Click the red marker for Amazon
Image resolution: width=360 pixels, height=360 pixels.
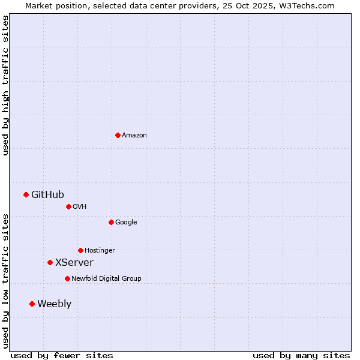118,135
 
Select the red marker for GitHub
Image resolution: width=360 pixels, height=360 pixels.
26,194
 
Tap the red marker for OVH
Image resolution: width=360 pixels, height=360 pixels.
68,206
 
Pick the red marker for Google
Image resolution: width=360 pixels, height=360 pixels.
111,222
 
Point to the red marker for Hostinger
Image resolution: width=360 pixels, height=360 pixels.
80,250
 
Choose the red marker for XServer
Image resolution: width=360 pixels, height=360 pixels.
50,262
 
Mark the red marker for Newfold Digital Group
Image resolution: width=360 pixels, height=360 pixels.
67,278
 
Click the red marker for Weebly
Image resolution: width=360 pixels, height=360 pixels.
32,304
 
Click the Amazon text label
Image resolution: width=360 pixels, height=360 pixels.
134,136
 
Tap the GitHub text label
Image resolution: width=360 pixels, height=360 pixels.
47,194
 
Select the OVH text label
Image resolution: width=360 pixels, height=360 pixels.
80,207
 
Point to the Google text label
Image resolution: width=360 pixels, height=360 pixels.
126,223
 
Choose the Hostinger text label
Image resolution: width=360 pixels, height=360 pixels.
100,251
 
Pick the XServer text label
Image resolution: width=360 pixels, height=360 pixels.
74,263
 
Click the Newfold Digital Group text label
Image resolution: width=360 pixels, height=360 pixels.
106,279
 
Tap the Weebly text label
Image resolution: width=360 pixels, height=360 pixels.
54,304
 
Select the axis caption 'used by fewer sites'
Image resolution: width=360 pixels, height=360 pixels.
62,355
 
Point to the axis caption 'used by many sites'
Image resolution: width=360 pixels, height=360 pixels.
301,355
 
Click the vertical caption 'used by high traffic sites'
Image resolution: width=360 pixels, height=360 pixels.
5,86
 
